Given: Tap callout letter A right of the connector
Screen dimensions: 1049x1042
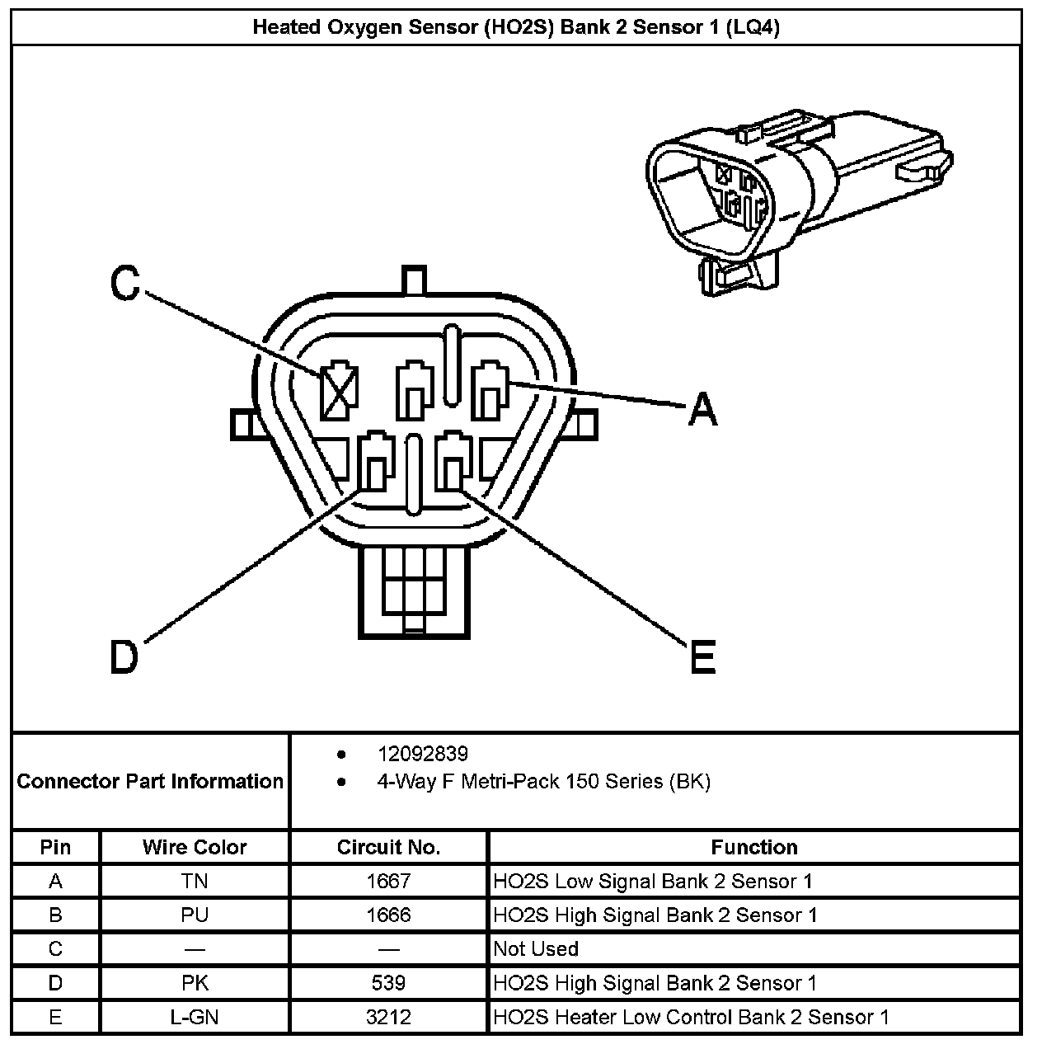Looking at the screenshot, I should [x=702, y=409].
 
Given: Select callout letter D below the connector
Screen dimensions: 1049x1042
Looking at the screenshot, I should [x=124, y=656].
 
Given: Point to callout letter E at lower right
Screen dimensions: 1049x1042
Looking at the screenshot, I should [x=702, y=657].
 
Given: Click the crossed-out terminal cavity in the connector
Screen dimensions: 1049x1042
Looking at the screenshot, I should [x=339, y=391].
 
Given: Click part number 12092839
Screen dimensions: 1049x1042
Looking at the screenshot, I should [x=422, y=754].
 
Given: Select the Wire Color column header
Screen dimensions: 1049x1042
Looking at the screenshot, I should [x=195, y=847].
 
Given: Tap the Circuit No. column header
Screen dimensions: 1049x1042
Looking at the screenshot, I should [x=388, y=847].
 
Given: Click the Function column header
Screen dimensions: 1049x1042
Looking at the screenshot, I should [x=753, y=847].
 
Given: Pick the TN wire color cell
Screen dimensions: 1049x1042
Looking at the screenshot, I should [x=195, y=882].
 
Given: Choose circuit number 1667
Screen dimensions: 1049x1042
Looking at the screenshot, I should [x=388, y=882].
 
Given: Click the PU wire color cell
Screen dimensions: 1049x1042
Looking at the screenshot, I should [x=195, y=915].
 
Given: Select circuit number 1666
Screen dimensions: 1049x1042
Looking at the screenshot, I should [x=388, y=915].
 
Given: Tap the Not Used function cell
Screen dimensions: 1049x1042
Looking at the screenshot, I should [x=536, y=949].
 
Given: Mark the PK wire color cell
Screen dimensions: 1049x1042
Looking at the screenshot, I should [x=195, y=983].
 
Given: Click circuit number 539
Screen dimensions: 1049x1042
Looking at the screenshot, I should [x=388, y=983].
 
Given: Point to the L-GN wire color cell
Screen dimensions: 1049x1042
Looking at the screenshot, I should [x=195, y=1017].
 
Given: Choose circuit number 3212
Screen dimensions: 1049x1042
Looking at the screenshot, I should [x=388, y=1017].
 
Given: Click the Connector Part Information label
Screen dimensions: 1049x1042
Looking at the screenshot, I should [x=150, y=781].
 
